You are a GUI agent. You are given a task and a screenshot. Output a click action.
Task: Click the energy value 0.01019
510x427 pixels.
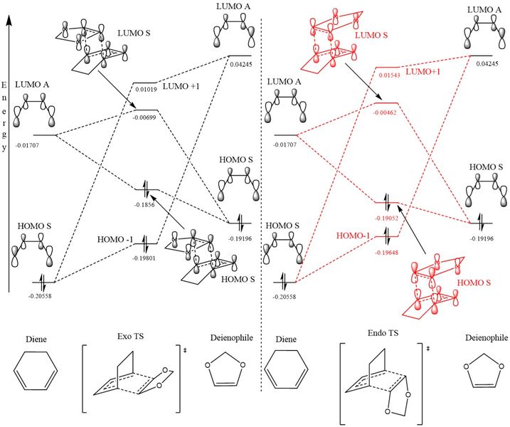(x=146, y=90)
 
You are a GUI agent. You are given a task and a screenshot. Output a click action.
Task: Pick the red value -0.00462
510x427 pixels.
(x=388, y=112)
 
